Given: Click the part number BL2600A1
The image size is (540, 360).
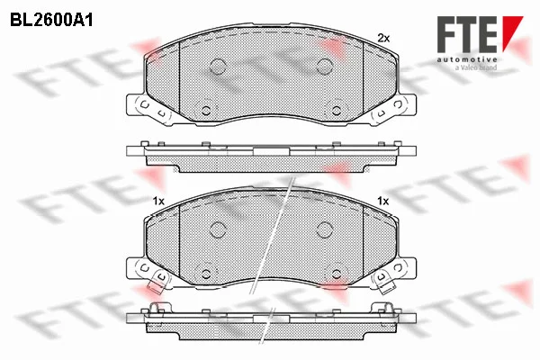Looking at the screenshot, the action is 51,21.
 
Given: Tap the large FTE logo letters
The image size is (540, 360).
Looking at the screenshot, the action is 467,34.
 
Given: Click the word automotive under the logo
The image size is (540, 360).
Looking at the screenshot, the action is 467,59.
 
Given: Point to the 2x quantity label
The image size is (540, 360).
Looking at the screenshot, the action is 383,38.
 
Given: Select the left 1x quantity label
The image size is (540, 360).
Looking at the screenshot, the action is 158,201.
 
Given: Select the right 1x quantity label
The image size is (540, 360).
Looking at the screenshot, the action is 383,201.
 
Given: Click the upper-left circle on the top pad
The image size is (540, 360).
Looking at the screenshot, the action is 218,66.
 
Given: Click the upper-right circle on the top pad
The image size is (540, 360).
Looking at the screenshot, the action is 324,66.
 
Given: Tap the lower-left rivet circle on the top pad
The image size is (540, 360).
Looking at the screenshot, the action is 206,110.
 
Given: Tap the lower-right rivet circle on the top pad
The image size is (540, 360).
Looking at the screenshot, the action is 337,110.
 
